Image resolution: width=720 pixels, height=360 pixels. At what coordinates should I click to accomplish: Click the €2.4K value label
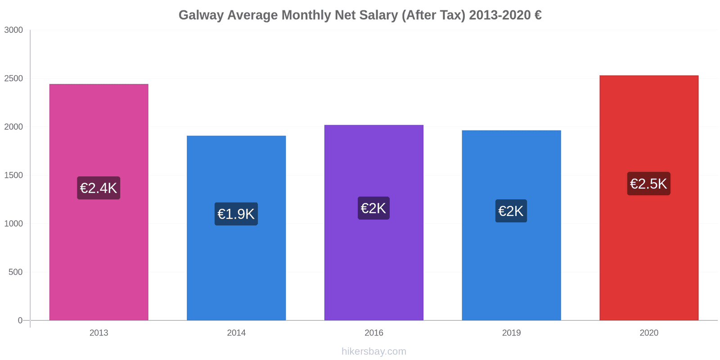99,188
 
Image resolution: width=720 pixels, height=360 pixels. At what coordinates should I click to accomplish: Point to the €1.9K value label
236,214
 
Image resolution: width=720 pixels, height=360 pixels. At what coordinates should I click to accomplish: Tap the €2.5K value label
648,184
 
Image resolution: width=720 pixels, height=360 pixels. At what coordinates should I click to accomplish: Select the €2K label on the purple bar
373,208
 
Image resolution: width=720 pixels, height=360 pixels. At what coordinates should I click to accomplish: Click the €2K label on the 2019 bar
511,211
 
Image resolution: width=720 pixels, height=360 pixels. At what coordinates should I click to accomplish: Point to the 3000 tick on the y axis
13,30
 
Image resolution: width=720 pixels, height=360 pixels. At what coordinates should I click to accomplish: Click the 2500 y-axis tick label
13,78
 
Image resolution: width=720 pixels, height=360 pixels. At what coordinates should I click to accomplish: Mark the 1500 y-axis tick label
13,175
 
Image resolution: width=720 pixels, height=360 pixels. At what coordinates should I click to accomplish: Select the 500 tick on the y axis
15,272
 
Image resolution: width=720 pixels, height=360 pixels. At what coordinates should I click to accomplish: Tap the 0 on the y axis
20,320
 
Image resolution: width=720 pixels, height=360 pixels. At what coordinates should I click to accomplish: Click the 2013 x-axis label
99,333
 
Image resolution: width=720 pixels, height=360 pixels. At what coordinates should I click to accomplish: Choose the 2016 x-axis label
373,333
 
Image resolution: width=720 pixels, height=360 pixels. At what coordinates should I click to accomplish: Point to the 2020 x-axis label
648,333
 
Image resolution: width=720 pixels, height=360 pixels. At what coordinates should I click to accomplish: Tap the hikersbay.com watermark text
373,351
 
